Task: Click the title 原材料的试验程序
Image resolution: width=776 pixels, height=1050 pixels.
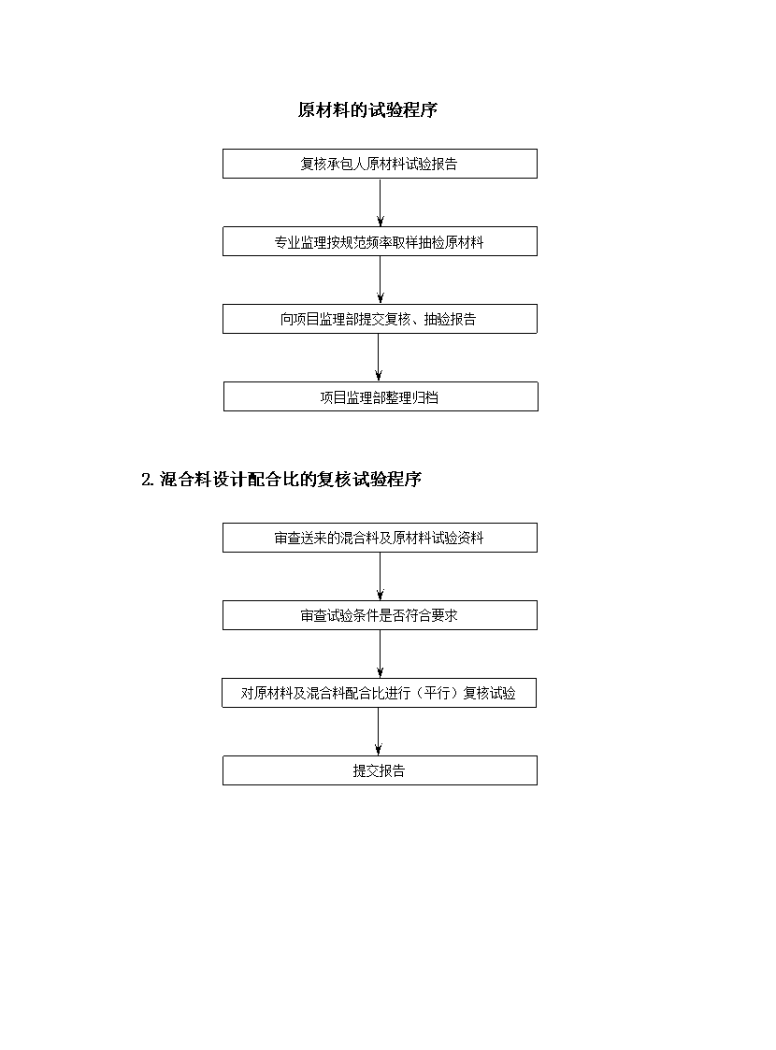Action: coord(367,109)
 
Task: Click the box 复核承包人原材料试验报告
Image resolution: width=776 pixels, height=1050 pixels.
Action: coord(380,164)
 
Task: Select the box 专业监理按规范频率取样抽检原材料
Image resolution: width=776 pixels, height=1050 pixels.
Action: coord(380,241)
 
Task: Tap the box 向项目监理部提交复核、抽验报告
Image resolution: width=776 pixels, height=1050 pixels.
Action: coord(380,319)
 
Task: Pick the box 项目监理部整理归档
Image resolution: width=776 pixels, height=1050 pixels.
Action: coord(381,396)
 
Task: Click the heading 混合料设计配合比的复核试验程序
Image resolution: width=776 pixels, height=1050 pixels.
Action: coord(291,480)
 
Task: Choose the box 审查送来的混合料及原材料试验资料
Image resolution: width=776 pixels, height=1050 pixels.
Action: coord(380,538)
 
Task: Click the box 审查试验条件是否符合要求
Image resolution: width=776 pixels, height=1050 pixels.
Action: coord(380,615)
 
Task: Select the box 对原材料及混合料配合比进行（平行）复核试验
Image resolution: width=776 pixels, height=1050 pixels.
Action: coord(379,693)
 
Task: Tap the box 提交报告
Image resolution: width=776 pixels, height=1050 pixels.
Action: coord(380,770)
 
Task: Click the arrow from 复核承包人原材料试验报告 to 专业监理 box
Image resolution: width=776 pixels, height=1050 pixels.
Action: coord(381,202)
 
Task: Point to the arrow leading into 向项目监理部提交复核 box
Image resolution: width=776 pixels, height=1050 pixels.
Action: coord(381,280)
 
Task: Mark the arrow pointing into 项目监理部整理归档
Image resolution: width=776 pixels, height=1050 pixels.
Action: coord(379,357)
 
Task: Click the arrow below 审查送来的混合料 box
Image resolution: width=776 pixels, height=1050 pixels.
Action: coord(381,577)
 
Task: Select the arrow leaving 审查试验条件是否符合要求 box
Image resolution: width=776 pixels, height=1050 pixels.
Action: coord(381,654)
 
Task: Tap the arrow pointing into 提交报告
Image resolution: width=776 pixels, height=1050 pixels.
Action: coord(379,732)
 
